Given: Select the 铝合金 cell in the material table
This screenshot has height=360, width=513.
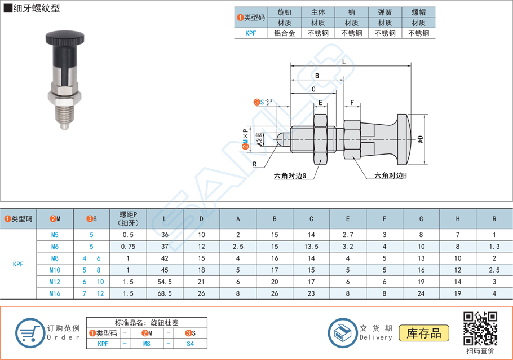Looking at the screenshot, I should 284,33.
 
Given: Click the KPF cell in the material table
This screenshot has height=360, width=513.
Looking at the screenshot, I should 250,33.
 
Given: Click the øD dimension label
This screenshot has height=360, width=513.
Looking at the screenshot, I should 421,138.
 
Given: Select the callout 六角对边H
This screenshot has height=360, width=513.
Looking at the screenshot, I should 390,175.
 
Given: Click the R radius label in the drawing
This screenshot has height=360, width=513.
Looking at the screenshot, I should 255,164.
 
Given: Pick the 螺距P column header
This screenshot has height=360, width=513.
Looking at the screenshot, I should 128,218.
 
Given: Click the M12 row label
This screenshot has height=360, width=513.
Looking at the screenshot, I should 55,282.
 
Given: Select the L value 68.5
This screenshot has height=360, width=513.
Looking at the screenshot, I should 164,293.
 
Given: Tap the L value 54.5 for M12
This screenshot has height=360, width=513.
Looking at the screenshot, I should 164,282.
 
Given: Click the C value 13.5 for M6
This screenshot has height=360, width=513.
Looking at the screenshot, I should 311,246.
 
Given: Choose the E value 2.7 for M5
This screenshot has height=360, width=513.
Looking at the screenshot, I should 348,234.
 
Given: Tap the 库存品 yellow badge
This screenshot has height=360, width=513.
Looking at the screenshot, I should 423,333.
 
